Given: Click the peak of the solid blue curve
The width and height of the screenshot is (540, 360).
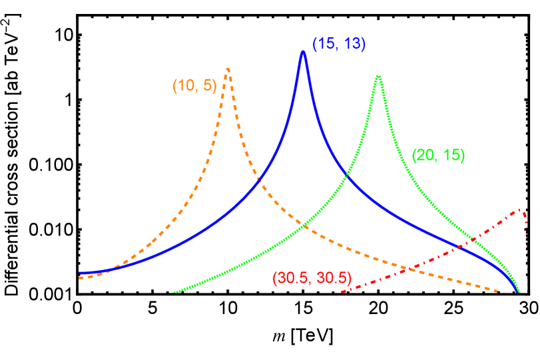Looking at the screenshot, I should pyautogui.click(x=303, y=52).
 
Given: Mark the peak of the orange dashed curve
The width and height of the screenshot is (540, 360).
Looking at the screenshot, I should pyautogui.click(x=228, y=68).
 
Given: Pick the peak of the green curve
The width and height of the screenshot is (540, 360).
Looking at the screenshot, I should pyautogui.click(x=378, y=76).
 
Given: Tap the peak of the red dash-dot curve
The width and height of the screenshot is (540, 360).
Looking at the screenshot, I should pyautogui.click(x=519, y=209).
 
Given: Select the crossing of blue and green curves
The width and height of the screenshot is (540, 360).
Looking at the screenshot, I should pyautogui.click(x=346, y=176).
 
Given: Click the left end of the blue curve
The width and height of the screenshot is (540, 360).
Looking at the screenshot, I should pyautogui.click(x=80, y=273).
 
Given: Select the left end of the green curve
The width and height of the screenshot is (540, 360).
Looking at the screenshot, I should pyautogui.click(x=174, y=292).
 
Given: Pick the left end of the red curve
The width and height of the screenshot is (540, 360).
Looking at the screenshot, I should pyautogui.click(x=337, y=292).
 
